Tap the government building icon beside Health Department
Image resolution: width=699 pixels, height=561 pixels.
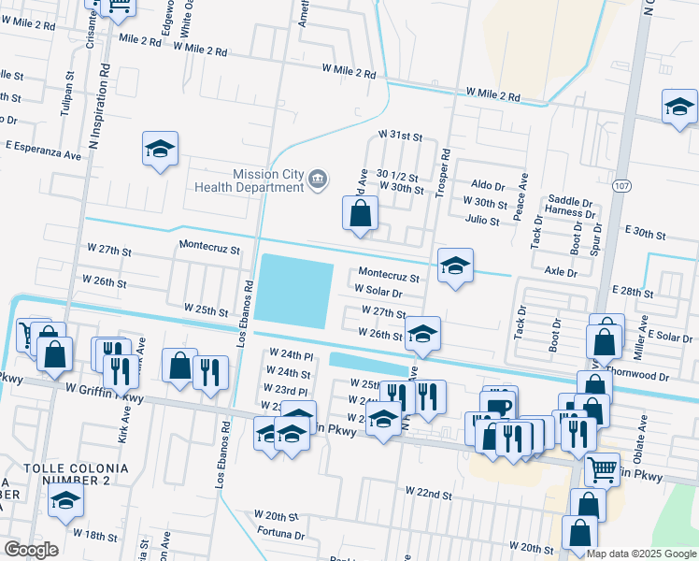[x=318, y=180]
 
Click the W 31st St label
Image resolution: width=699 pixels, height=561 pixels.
[x=401, y=136]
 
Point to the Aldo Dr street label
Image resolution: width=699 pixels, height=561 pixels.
[x=488, y=186]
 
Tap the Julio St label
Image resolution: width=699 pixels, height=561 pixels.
[x=481, y=220]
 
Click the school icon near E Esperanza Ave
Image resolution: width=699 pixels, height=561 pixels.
[x=161, y=149]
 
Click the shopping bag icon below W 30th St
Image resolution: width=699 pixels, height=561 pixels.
[x=360, y=214]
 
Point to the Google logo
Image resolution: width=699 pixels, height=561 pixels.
[x=30, y=549]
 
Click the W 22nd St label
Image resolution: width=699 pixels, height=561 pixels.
[x=428, y=491]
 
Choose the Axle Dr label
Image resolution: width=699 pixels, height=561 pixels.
[x=560, y=272]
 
